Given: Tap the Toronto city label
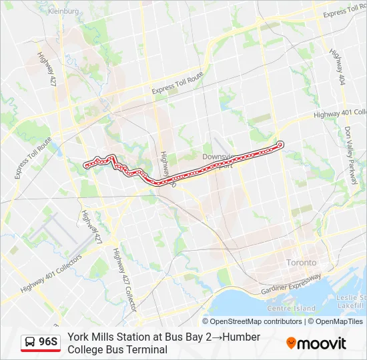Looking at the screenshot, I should [x=302, y=262].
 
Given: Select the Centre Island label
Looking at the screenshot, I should [x=290, y=309].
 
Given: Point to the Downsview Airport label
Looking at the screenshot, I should [x=219, y=160].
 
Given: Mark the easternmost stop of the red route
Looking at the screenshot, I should [x=280, y=144].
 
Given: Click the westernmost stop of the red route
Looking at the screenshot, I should [x=86, y=165].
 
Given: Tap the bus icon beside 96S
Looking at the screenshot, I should [x=31, y=343].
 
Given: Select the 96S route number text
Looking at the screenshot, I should [x=49, y=343].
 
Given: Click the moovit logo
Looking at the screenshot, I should [x=316, y=343].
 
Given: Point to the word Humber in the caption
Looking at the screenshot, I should [x=241, y=337].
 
